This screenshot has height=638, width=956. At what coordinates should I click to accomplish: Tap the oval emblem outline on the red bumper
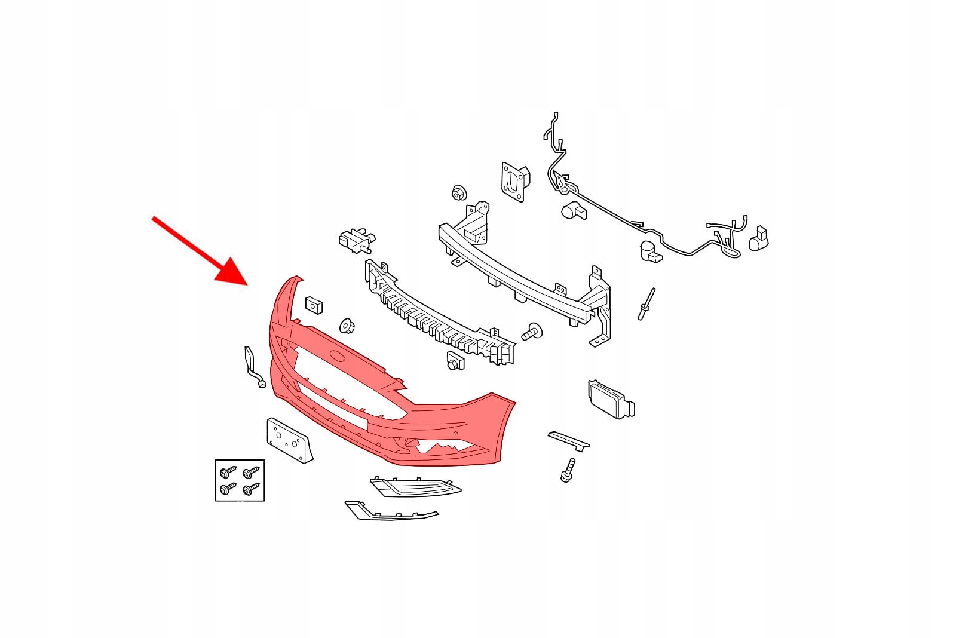[x=338, y=357]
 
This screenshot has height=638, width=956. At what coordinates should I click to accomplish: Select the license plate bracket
[x=289, y=440]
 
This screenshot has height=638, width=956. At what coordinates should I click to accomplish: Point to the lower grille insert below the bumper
[x=415, y=487]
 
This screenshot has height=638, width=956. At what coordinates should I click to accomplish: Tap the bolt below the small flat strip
[x=567, y=470]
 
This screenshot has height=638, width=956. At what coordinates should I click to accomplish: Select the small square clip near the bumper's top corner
[x=314, y=305]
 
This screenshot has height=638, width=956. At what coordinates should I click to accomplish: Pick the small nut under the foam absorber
[x=455, y=361]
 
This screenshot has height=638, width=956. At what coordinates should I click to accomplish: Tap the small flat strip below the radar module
[x=568, y=440]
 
